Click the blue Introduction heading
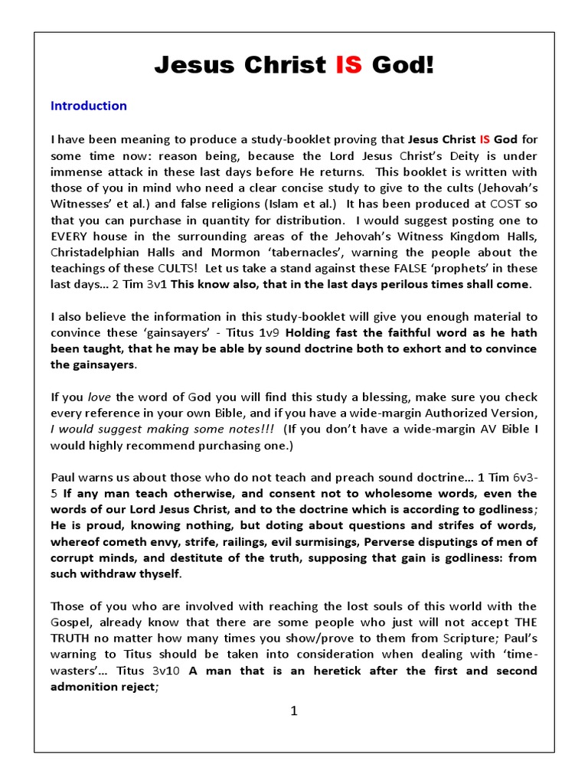[x=89, y=106]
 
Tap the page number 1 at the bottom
[x=293, y=711]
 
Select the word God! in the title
[x=403, y=67]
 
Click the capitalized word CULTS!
[x=157, y=268]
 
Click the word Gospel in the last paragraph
[x=70, y=622]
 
